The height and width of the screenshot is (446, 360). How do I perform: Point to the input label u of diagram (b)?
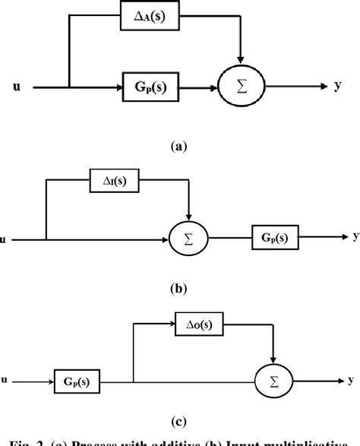coord(5,240)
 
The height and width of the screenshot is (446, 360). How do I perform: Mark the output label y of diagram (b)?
coord(355,236)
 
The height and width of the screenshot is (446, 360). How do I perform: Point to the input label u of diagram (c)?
coord(5,376)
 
